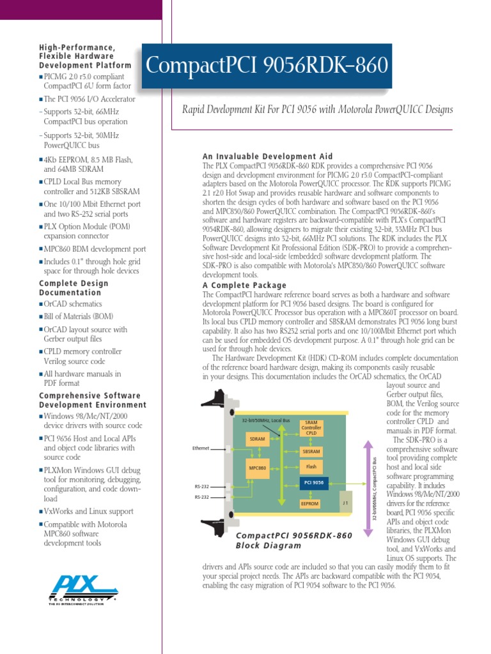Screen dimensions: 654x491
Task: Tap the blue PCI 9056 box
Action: (x=313, y=483)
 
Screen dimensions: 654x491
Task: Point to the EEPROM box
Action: (x=309, y=503)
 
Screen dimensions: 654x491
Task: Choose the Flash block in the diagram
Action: (x=311, y=466)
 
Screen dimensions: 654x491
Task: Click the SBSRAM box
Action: (x=311, y=452)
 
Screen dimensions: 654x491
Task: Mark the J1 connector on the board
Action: (x=345, y=502)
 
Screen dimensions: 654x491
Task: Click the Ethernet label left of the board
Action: (x=201, y=448)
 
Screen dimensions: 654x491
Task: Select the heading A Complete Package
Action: (x=244, y=285)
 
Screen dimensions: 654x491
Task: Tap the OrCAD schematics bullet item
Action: (x=72, y=304)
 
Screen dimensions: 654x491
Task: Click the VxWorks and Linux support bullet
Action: (x=88, y=512)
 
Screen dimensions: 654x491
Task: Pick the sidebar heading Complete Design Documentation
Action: (x=74, y=288)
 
